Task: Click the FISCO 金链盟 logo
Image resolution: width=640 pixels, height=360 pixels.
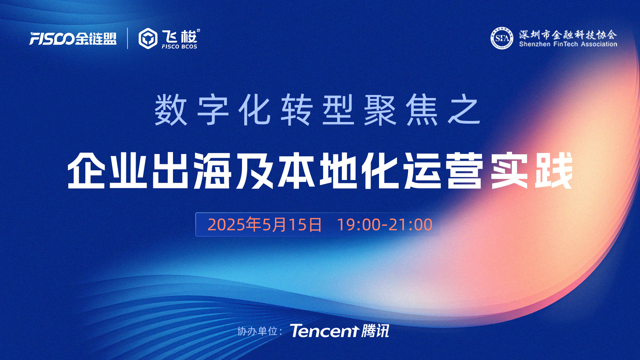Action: click(73, 39)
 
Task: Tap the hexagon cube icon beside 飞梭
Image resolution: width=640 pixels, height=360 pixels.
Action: click(148, 39)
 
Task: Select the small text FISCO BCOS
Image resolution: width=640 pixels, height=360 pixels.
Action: click(179, 47)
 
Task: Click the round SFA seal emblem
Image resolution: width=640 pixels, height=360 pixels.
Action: click(502, 38)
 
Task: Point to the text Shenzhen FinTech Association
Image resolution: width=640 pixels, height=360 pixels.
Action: click(568, 44)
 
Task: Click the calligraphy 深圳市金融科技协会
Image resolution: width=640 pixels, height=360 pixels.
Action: click(568, 34)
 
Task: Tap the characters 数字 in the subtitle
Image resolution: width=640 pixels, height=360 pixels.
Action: click(192, 110)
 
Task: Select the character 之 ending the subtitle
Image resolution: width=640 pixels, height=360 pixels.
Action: click(464, 110)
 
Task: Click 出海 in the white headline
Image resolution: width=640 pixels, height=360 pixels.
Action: click(192, 170)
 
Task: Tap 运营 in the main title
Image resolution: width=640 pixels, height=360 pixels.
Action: click(444, 170)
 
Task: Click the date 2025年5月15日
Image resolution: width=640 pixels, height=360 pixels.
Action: click(265, 225)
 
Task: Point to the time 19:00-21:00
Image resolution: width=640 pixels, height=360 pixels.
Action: click(385, 225)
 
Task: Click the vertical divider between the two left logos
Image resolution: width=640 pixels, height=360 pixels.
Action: click(128, 38)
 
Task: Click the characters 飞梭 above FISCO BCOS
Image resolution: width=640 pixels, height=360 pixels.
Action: click(180, 36)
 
